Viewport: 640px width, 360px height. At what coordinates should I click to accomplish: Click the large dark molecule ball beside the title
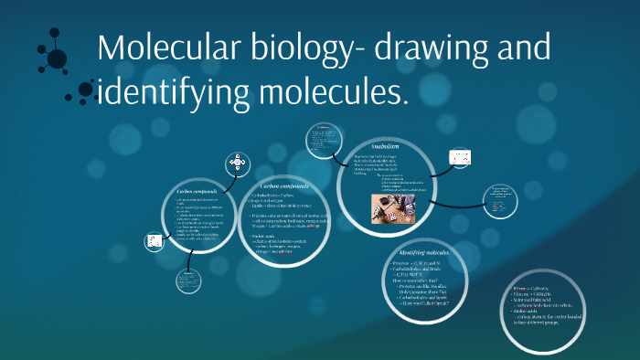(x=57, y=59)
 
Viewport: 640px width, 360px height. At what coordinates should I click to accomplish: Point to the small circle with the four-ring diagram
(x=239, y=165)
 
